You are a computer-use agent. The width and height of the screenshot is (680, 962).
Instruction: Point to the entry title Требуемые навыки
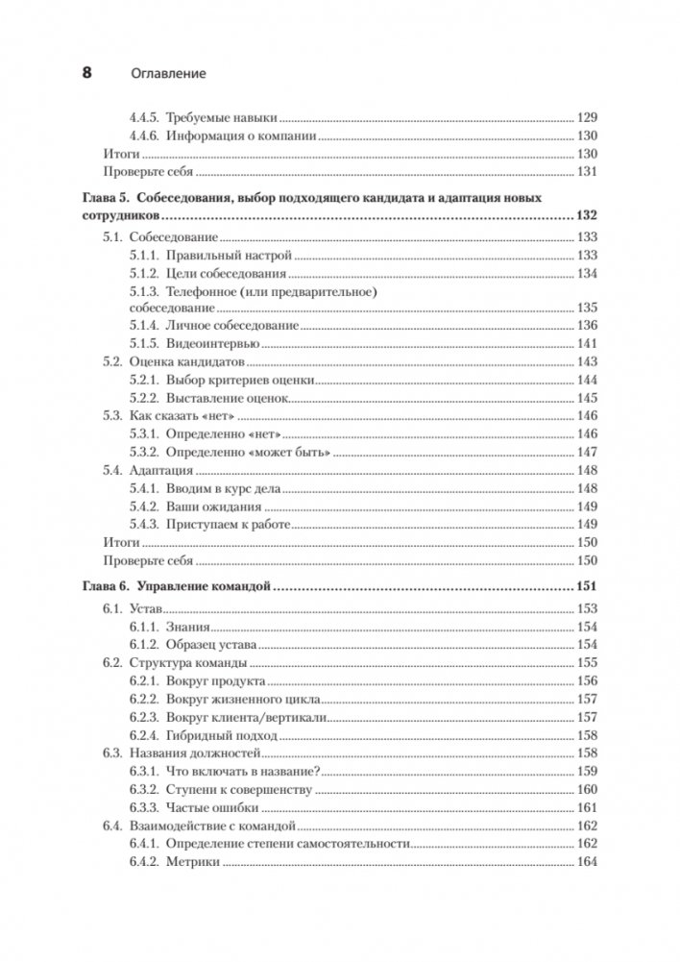coord(221,116)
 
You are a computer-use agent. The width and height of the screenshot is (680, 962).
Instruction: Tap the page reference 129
coord(586,116)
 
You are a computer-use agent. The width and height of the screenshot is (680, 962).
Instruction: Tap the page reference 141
coord(586,344)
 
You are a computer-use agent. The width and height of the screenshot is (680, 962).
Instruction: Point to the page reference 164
coord(586,861)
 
